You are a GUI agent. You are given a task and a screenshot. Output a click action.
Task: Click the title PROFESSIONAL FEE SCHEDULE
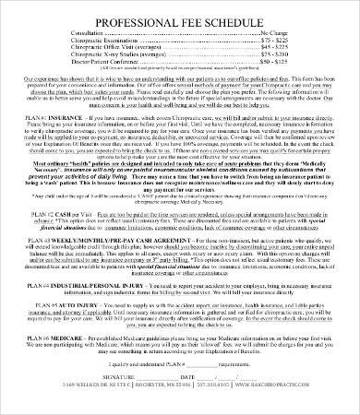tap(180, 17)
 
